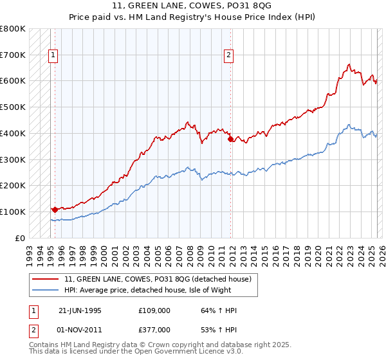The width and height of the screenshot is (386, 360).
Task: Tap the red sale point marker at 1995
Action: pos(55,209)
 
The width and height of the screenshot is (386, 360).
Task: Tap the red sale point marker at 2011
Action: pos(230,139)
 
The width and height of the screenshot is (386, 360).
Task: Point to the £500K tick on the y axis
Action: pos(14,107)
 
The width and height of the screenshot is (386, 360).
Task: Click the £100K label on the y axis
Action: pos(14,212)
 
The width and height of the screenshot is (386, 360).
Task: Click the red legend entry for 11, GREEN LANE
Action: pos(161,279)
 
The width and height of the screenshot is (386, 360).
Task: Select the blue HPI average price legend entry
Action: pos(161,290)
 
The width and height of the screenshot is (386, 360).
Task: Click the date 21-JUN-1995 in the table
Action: pos(80,310)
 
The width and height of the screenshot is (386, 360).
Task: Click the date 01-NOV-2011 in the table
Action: pos(80,330)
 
